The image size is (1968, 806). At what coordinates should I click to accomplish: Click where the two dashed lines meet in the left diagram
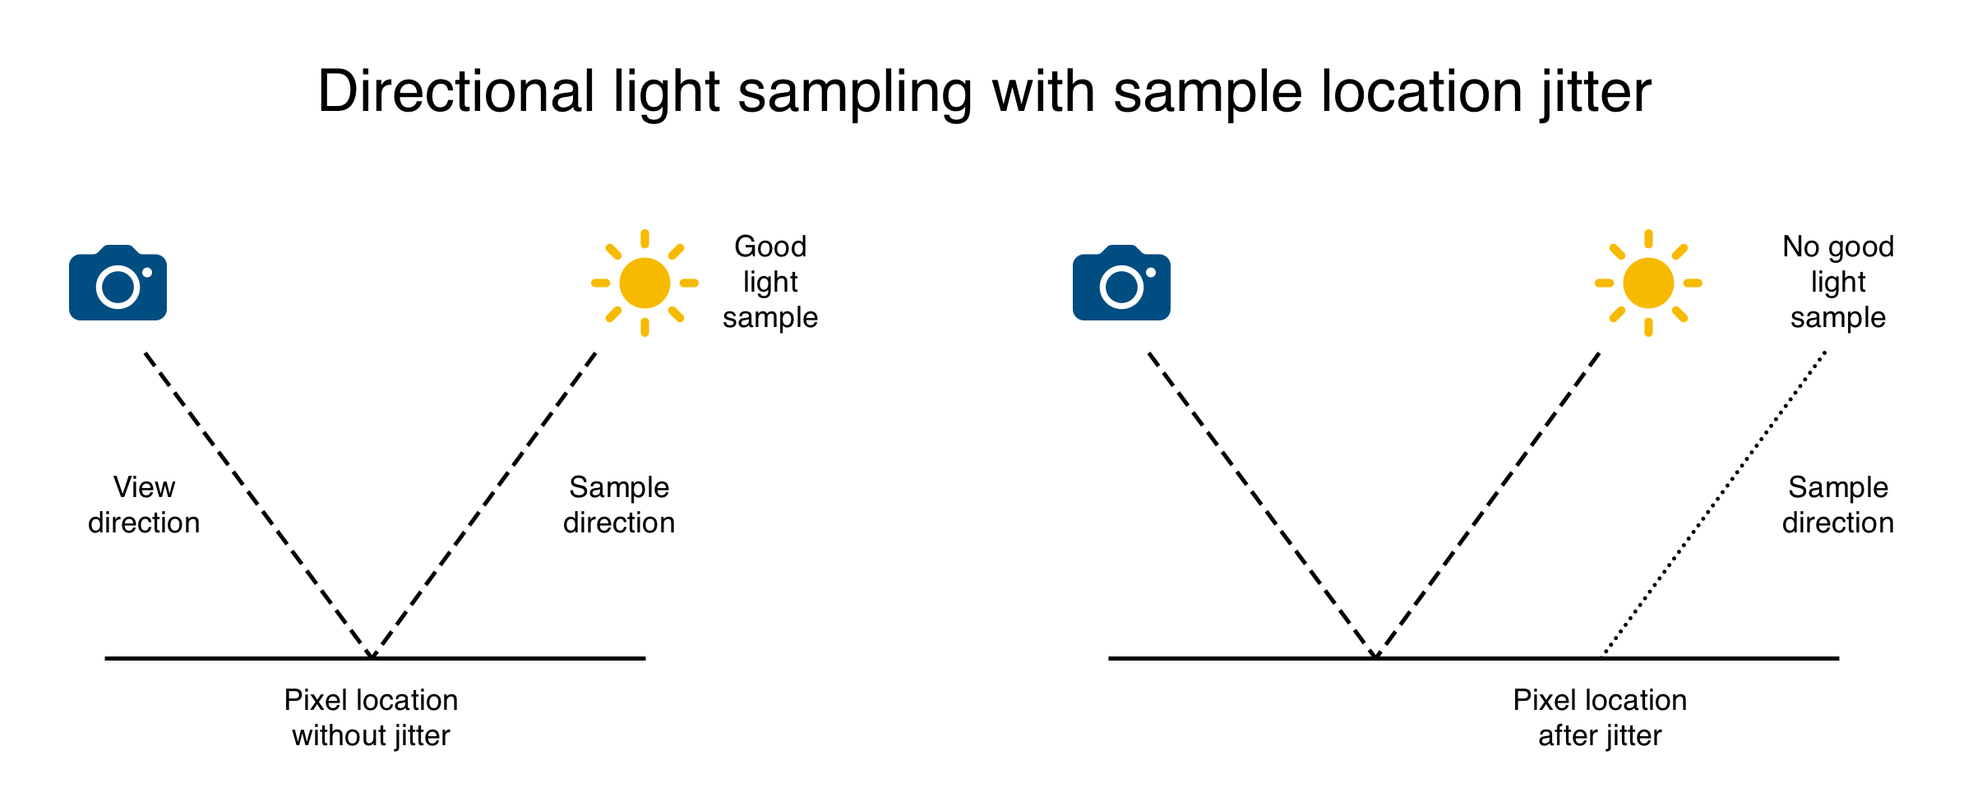click(372, 656)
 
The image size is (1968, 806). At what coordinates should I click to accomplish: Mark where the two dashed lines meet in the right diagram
click(1375, 656)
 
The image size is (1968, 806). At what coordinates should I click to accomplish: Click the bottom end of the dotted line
click(1604, 656)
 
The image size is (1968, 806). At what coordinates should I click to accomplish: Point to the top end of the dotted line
click(1825, 352)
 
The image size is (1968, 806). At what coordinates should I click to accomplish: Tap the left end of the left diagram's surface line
click(106, 658)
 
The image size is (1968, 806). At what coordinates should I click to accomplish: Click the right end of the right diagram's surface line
click(1838, 658)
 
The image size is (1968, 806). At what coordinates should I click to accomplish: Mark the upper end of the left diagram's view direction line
click(146, 353)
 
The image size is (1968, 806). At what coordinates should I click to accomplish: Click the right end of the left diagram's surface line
click(644, 658)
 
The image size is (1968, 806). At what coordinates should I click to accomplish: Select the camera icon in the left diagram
click(118, 283)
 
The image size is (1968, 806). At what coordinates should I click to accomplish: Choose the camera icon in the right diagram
click(1121, 283)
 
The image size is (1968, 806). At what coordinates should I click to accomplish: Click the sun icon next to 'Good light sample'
click(644, 283)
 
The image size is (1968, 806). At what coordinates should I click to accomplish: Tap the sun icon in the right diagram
click(1648, 283)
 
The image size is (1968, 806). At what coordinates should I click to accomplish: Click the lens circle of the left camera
click(118, 287)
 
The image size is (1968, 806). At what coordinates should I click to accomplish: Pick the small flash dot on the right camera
click(1151, 273)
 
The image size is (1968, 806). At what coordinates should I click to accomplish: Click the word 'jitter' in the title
click(1596, 91)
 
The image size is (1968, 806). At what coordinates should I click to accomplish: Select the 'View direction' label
click(144, 504)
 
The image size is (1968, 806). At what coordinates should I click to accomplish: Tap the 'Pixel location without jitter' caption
click(371, 717)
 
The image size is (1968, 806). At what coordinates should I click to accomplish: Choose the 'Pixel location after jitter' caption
click(1600, 717)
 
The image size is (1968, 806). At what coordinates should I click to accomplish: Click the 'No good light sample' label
click(1838, 282)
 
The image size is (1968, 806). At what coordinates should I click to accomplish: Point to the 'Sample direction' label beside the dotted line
click(1838, 504)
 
